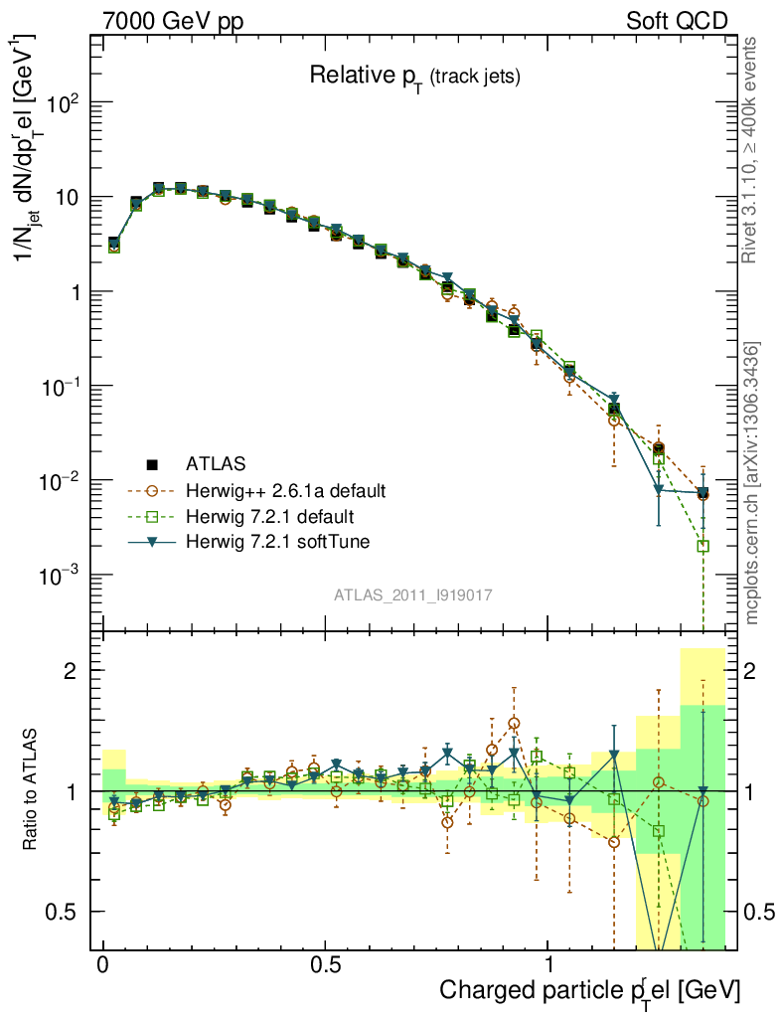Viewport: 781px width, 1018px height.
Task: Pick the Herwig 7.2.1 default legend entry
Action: pos(269,517)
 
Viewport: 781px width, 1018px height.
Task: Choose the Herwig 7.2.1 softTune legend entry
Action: pos(275,543)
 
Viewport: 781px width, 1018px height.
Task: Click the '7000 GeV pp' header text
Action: pos(174,21)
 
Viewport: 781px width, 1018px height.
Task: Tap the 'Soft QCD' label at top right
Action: pos(677,21)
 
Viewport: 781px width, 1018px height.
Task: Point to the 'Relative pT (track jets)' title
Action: pos(414,76)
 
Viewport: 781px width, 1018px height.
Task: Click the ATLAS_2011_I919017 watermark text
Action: pos(413,594)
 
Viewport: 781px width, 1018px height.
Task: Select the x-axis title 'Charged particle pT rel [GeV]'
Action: pos(590,990)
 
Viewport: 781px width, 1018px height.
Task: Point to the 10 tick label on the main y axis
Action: pos(67,197)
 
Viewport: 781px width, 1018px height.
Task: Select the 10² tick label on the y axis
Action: pos(65,103)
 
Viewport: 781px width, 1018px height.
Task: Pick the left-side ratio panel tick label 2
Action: pos(72,671)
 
